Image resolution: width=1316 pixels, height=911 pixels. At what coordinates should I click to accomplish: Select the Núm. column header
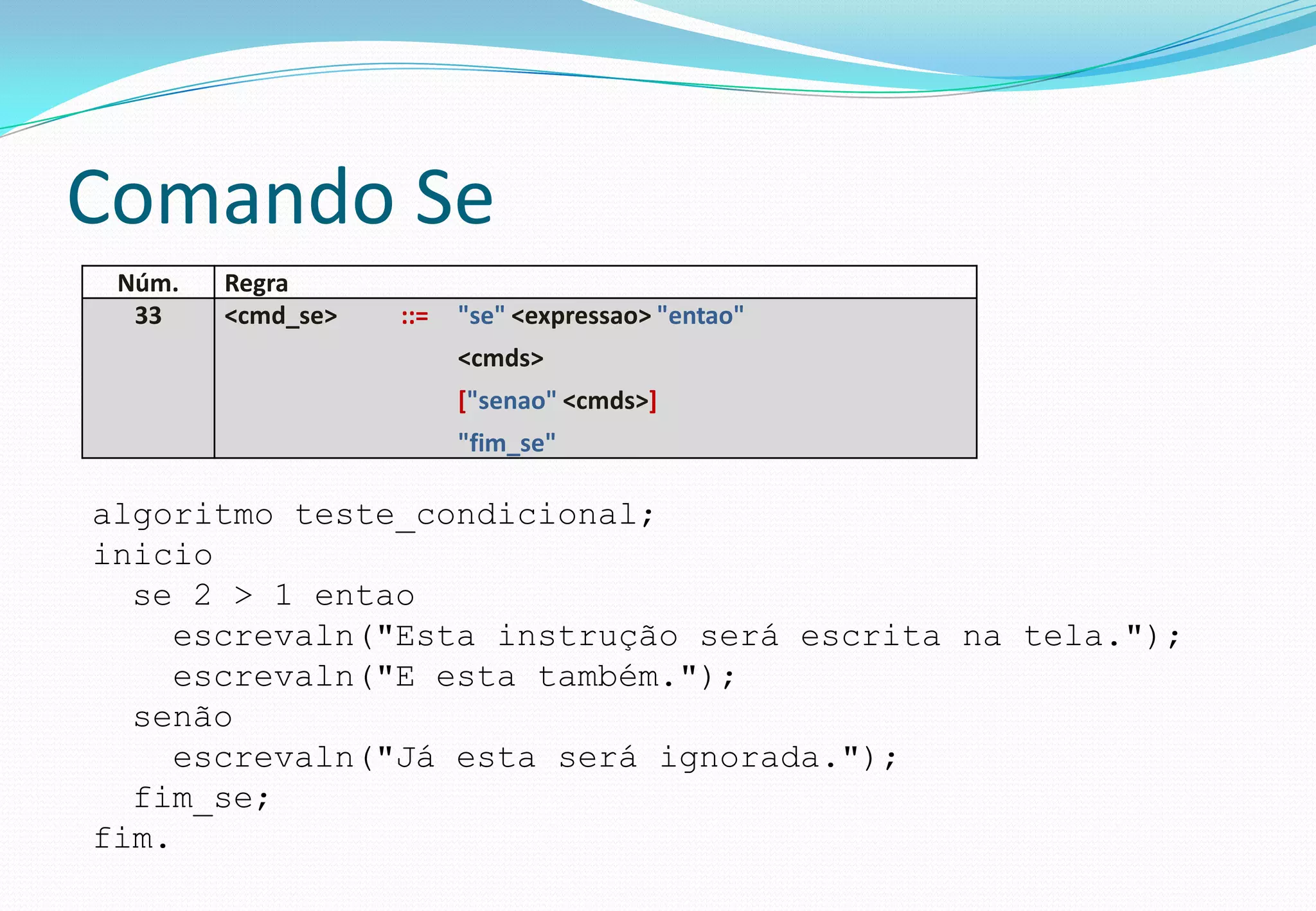pos(148,283)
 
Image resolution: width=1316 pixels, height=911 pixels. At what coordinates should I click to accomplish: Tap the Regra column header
pos(256,283)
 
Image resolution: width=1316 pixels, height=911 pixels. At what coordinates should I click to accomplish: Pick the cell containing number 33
pos(148,315)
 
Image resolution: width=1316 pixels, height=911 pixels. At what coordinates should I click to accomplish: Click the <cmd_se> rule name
pos(280,315)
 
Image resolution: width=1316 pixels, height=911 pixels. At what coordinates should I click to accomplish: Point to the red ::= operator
pos(414,316)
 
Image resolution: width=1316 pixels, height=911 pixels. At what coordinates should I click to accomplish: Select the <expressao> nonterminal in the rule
pos(581,315)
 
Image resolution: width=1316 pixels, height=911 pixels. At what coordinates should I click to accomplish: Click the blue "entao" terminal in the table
pos(700,315)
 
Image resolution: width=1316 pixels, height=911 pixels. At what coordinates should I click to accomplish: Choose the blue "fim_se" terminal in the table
pos(506,443)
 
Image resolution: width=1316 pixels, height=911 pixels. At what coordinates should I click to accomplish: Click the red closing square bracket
pos(653,400)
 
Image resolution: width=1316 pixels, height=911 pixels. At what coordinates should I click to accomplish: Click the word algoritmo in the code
pos(183,515)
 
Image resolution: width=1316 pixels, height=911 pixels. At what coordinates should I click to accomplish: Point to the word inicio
pos(153,555)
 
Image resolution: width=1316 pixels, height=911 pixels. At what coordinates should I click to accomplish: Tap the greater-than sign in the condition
pos(243,596)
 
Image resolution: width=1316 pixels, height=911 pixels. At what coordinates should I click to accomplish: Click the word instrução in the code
pos(587,636)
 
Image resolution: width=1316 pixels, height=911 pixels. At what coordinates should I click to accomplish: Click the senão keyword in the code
pos(182,717)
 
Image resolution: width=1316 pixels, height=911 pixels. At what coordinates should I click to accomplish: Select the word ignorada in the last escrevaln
pos(739,757)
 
